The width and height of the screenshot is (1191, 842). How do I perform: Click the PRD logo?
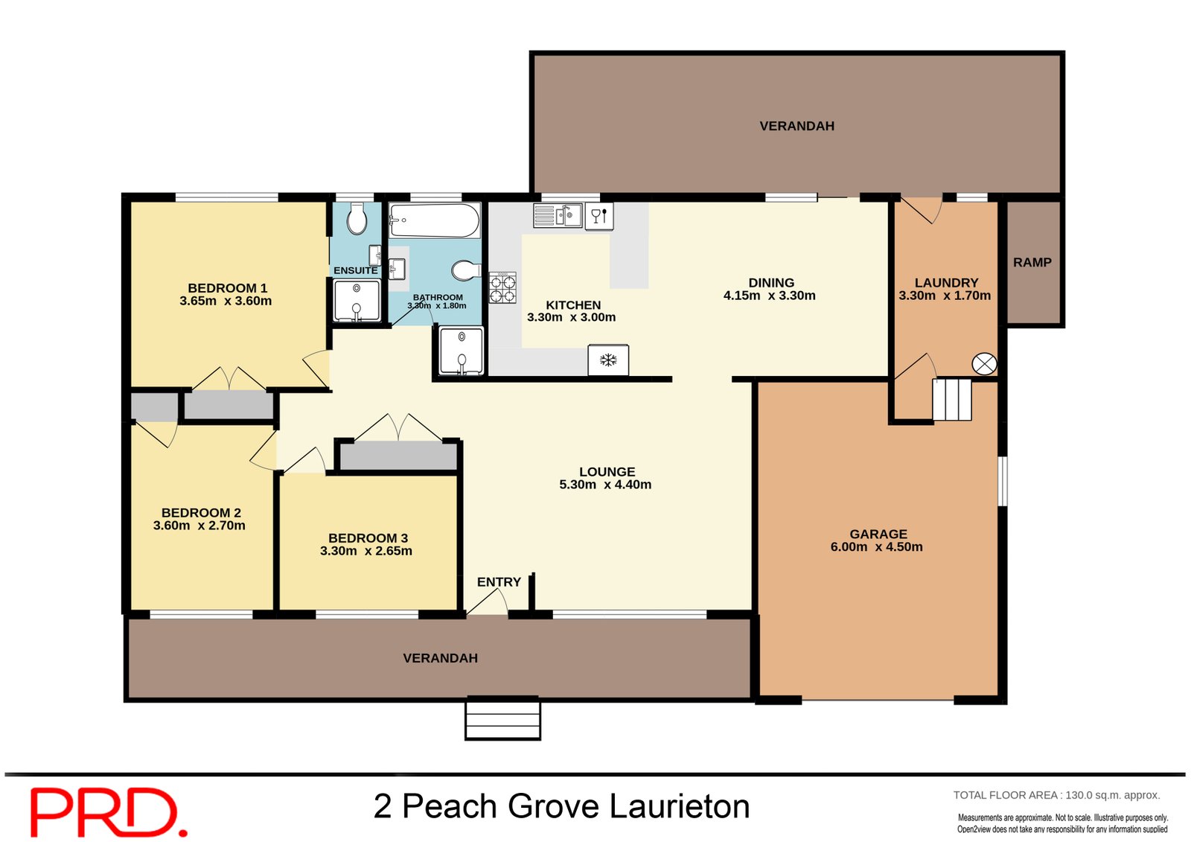[x=108, y=812]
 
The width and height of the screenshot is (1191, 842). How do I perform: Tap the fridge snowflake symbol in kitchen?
[x=608, y=360]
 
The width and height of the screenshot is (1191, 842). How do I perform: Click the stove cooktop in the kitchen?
[x=502, y=288]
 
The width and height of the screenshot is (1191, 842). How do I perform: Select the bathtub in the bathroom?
[x=434, y=220]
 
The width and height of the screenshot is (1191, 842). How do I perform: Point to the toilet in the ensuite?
[x=357, y=219]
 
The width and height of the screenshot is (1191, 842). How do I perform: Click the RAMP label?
[x=1032, y=262]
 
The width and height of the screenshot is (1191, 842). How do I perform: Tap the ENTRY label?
[x=499, y=582]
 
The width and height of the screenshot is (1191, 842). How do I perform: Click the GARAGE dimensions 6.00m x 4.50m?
[x=876, y=547]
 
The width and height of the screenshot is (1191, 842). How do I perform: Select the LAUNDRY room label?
[x=946, y=282]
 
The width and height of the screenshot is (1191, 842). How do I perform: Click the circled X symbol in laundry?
[x=984, y=364]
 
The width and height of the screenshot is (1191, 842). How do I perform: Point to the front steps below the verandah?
[x=502, y=718]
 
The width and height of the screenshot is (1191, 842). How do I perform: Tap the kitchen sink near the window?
[x=558, y=216]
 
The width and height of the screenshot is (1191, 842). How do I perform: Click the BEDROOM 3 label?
[x=368, y=538]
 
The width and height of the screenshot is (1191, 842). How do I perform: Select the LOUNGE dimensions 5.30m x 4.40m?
[x=605, y=485]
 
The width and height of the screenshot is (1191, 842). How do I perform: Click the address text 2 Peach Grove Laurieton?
[x=561, y=806]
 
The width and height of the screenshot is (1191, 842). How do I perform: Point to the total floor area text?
[x=1056, y=795]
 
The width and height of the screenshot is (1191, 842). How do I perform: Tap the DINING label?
[x=771, y=282]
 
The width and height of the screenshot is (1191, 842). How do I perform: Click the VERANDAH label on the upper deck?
[x=796, y=126]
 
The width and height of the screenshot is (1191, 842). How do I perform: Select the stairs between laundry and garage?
[x=952, y=400]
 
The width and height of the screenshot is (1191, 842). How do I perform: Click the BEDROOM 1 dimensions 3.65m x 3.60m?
[x=226, y=302]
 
